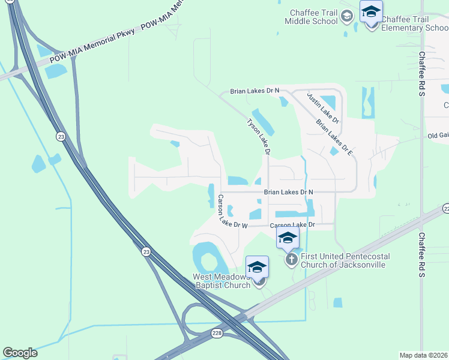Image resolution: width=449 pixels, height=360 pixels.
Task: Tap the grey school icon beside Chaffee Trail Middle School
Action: tap(346, 16)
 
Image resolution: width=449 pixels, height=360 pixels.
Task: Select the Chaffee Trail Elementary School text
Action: tap(414, 23)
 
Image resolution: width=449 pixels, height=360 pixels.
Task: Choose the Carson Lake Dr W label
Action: tap(233, 213)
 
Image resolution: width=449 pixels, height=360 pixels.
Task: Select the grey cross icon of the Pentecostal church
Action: tap(291, 260)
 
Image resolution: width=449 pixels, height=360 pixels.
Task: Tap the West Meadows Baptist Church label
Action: tap(221, 281)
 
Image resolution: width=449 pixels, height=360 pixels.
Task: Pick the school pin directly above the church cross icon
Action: tap(287, 238)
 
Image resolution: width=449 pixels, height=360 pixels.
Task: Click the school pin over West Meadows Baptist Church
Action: tap(257, 267)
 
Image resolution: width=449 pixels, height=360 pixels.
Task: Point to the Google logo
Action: tap(20, 353)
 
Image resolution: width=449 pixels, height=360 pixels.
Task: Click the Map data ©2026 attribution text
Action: tap(423, 355)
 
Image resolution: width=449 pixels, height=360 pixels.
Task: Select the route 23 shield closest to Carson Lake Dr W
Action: tap(146, 253)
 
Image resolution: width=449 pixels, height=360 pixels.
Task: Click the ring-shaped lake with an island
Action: tap(207, 260)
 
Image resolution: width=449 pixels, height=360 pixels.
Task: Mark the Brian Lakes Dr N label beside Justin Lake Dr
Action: tap(255, 91)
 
